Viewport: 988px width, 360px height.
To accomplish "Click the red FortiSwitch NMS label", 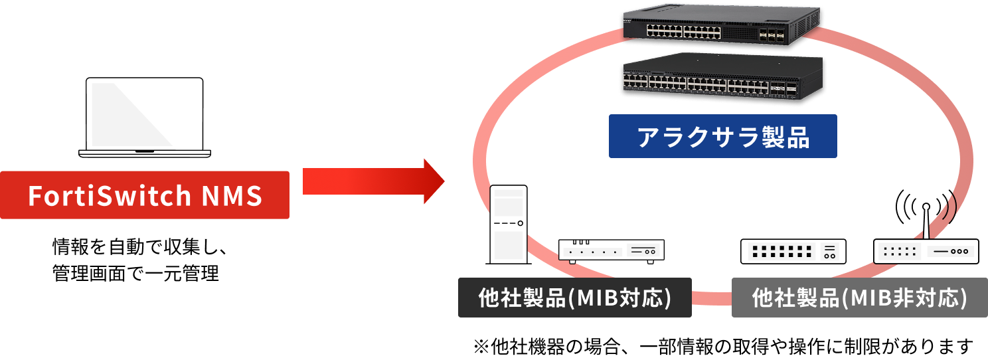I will (145, 195).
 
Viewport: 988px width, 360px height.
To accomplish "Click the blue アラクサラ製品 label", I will (722, 136).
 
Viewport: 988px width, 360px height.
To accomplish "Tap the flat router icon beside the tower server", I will (612, 250).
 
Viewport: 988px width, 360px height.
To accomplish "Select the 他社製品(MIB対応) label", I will (575, 298).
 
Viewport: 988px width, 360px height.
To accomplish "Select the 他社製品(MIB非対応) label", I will (859, 298).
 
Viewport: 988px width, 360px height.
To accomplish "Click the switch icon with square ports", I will (793, 252).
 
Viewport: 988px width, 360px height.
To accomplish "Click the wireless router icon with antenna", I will (926, 250).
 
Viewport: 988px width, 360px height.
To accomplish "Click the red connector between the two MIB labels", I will (711, 298).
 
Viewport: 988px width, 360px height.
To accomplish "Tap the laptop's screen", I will (145, 113).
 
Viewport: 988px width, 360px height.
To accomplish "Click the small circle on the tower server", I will (520, 223).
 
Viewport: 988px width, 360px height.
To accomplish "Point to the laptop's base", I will (145, 153).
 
